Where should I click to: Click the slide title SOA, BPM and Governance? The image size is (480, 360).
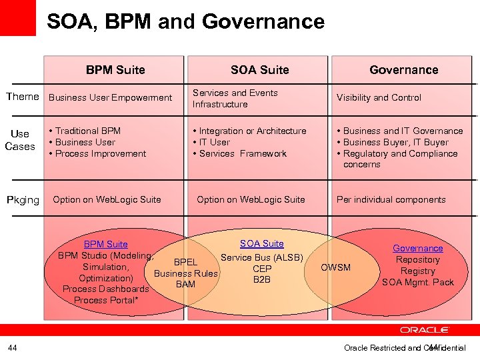[x=185, y=21]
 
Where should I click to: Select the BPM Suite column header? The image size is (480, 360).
[x=115, y=70]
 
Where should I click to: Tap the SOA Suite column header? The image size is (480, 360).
[x=259, y=70]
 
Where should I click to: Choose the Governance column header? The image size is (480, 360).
[x=404, y=70]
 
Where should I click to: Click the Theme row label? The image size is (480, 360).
[x=23, y=97]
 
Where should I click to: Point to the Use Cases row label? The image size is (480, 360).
[x=20, y=140]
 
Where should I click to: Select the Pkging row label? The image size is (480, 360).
[x=23, y=200]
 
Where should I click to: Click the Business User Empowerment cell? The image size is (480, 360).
[x=111, y=97]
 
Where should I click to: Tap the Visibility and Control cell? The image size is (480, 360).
[x=379, y=97]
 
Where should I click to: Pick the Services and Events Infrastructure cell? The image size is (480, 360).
[x=235, y=98]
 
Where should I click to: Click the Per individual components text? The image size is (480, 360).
[x=391, y=199]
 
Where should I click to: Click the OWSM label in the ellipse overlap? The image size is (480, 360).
[x=335, y=267]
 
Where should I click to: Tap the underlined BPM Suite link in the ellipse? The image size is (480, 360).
[x=105, y=245]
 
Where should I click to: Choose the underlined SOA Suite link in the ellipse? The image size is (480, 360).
[x=262, y=244]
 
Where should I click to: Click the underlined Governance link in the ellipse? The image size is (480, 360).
[x=417, y=248]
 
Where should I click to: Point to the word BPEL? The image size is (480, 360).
[x=185, y=262]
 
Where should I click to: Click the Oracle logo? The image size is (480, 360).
[x=424, y=330]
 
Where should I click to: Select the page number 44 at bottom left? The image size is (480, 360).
[x=13, y=347]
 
